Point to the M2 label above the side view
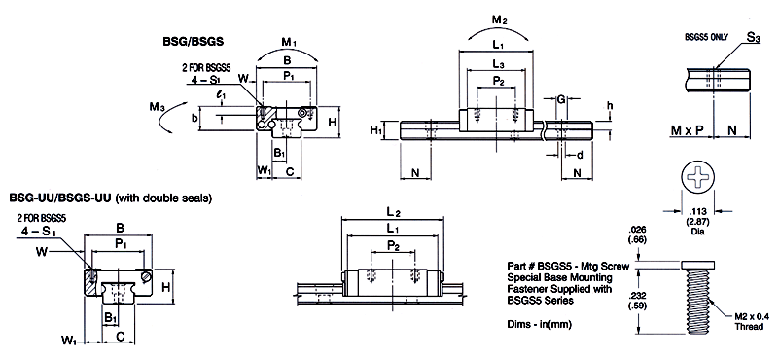[499, 20]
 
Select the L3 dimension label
[499, 64]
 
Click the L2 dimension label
[394, 212]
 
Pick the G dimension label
[560, 99]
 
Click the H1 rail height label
[375, 130]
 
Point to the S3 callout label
[753, 39]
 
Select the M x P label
[687, 130]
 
